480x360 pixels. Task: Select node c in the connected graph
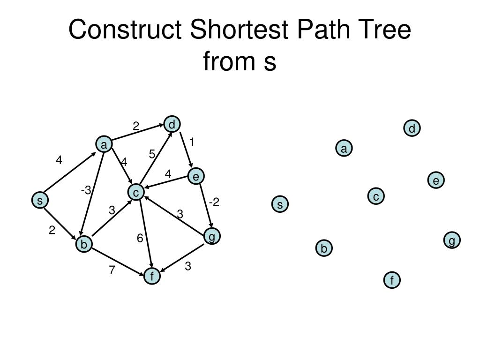(136, 192)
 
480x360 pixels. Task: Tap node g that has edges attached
(212, 237)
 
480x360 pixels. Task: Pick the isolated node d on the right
(412, 128)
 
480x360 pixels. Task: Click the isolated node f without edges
(392, 280)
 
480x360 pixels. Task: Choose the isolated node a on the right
(344, 149)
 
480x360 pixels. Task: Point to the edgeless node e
(436, 180)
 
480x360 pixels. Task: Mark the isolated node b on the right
(324, 248)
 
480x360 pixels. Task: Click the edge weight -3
(86, 190)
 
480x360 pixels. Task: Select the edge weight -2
(214, 202)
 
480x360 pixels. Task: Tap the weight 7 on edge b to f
(112, 270)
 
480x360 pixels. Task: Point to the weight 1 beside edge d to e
(192, 142)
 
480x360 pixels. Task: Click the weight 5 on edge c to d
(152, 154)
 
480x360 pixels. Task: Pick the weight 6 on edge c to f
(140, 238)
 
